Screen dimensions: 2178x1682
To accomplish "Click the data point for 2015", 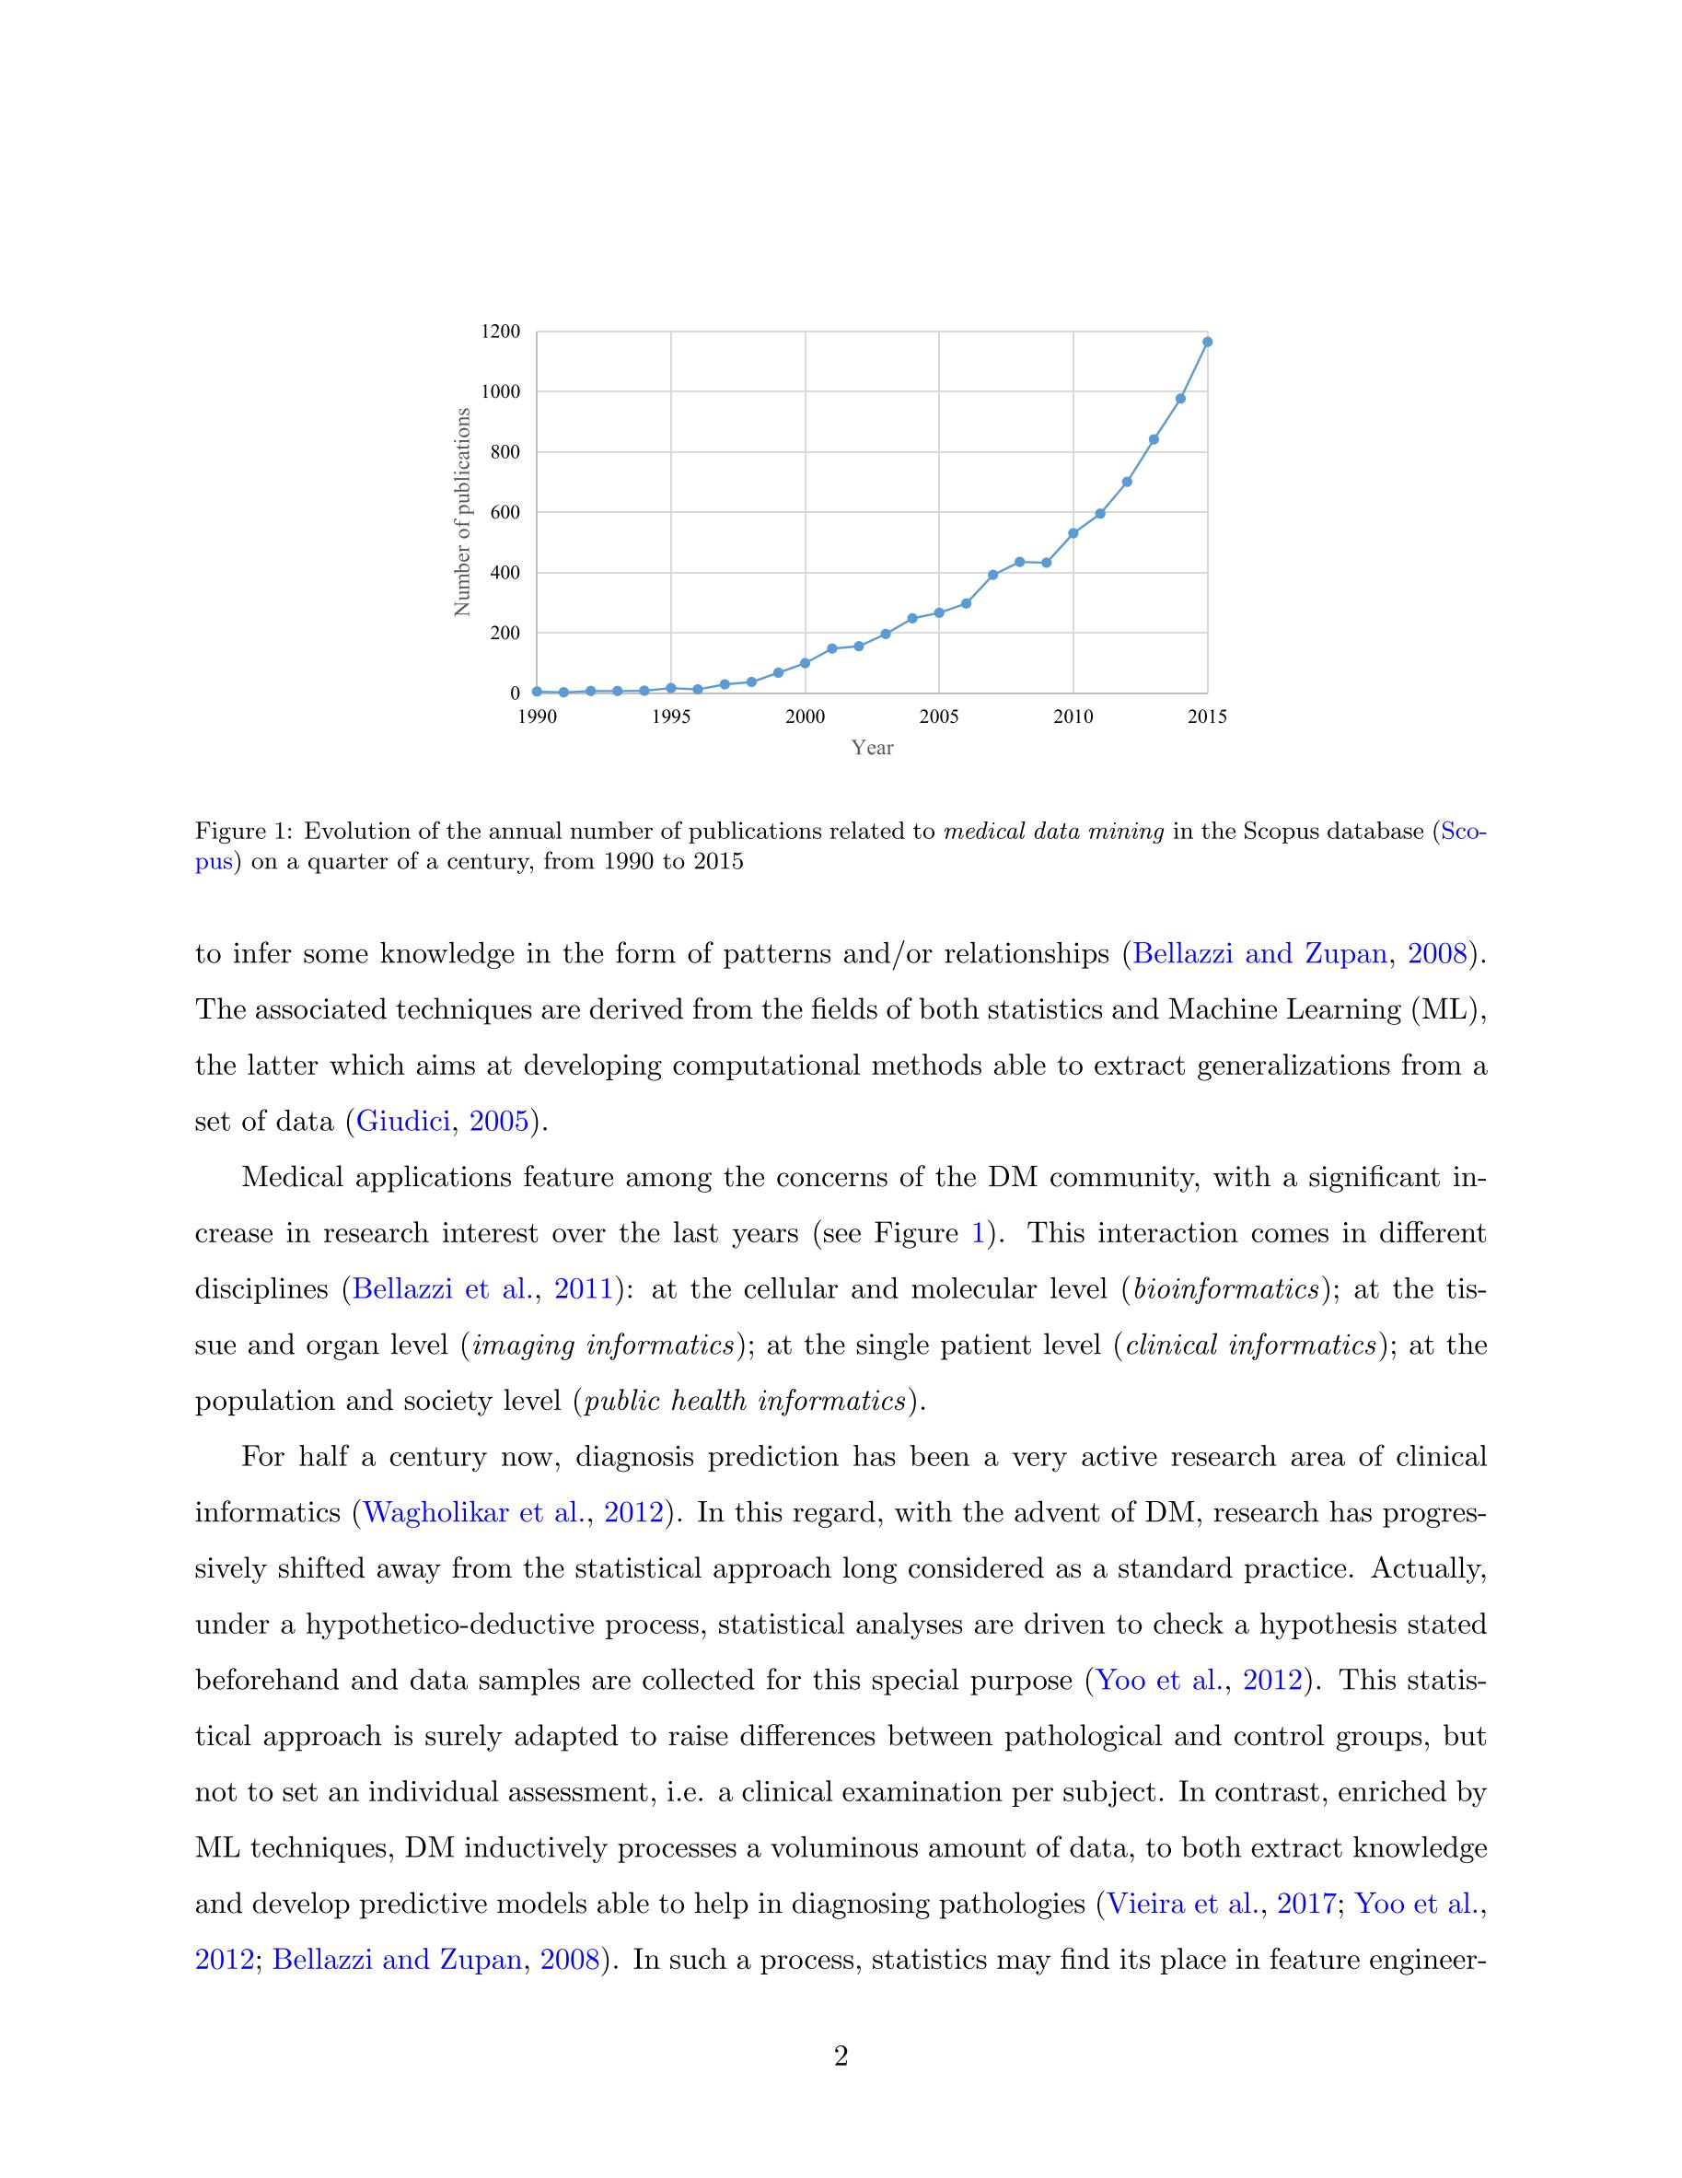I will (1206, 342).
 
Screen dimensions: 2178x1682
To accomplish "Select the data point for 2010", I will (1073, 533).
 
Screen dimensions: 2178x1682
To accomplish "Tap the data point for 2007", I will (992, 575).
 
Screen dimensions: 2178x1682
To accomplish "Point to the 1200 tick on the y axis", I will (501, 332).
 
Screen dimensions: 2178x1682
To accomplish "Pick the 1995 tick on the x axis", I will (671, 717).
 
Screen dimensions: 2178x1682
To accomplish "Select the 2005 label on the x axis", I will (938, 717).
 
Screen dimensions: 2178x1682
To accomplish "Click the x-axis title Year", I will (873, 748).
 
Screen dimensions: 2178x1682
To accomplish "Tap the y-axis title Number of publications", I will (461, 512).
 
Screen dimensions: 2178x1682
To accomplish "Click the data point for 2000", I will (805, 663).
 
